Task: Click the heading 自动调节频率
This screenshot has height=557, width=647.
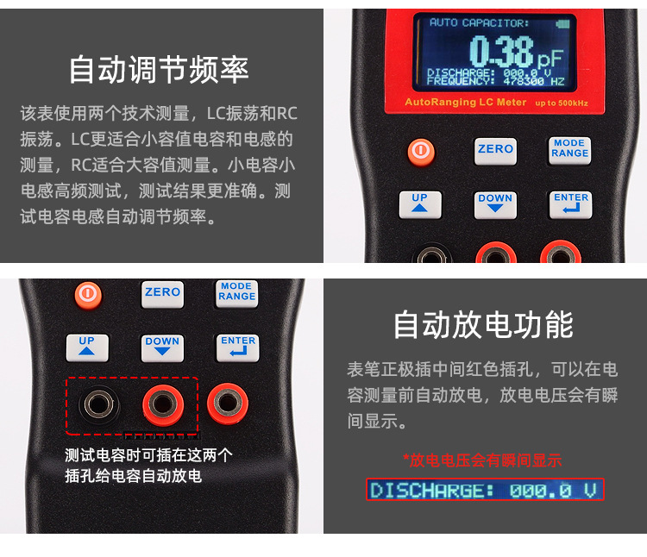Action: pos(159,70)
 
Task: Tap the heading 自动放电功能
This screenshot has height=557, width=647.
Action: pos(483,324)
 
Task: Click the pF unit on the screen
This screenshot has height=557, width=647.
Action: pos(552,58)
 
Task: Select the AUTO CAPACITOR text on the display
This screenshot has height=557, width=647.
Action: pos(480,22)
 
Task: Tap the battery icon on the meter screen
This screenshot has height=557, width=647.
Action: pos(563,23)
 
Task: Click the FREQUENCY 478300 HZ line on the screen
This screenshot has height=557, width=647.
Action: pos(496,82)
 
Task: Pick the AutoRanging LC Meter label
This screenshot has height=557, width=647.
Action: pos(465,103)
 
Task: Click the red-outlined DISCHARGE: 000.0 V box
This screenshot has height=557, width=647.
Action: pos(485,491)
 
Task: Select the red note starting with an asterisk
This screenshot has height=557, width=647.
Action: pos(482,460)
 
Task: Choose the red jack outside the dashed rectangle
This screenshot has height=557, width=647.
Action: pos(227,402)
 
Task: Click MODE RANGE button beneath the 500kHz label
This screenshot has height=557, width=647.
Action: pos(569,149)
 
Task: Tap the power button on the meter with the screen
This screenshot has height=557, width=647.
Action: pos(421,152)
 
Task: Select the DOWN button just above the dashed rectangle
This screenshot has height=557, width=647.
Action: pos(162,347)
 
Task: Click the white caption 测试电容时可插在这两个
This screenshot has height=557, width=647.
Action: pos(149,455)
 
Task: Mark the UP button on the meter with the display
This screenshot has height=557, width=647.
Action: pos(420,203)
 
